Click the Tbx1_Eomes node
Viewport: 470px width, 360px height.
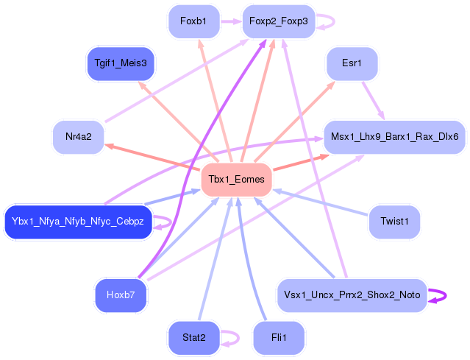click(236, 179)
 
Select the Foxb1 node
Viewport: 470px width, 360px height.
click(194, 22)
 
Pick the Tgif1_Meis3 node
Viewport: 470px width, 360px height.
click(121, 63)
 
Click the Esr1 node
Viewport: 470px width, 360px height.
click(352, 63)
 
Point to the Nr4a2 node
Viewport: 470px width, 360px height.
click(78, 137)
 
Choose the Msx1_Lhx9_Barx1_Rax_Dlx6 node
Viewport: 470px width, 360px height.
click(394, 137)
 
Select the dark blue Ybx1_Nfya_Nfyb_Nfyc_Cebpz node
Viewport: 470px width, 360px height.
click(78, 221)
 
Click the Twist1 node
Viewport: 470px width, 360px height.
click(394, 221)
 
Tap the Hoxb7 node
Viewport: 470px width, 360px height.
click(121, 295)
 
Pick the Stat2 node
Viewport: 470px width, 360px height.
click(194, 337)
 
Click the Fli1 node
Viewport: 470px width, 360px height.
click(278, 337)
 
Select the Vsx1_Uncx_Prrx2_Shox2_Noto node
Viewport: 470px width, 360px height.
click(352, 295)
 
